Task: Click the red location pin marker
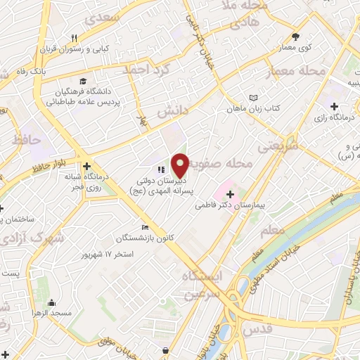click(180, 165)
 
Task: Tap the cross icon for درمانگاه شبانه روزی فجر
click(86, 167)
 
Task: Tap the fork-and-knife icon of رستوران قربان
click(73, 37)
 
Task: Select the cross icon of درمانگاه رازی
click(333, 106)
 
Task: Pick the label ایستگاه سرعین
click(202, 285)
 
